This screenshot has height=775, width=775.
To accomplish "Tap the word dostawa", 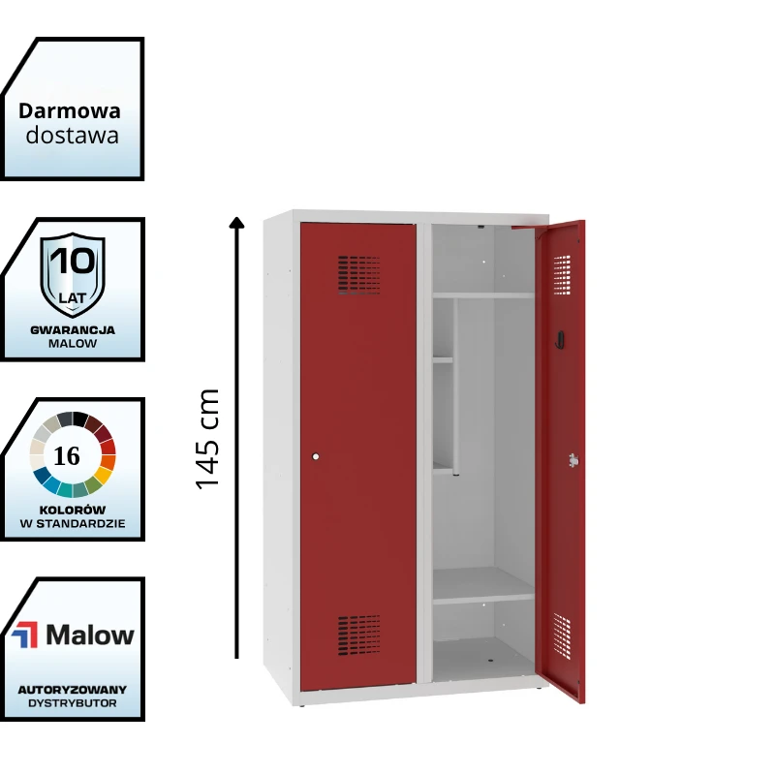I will coord(73,135).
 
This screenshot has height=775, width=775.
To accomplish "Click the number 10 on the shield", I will coord(73,262).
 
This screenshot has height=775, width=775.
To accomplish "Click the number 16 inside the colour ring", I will coord(68,456).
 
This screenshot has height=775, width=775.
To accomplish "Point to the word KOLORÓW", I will coord(73,510).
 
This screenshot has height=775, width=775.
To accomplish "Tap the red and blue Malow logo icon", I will coord(24,635).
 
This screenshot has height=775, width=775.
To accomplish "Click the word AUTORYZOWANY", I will coord(73,689).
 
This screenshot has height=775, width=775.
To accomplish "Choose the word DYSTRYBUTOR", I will coord(73,703).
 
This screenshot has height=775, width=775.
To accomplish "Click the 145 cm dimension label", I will coord(208,439).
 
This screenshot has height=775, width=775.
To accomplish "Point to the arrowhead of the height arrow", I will coord(236,222).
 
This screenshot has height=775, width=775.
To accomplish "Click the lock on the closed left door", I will coord(316,456).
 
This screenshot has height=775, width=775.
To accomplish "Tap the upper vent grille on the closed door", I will coord(358,274).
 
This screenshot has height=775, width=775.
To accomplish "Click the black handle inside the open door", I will coord(559,336).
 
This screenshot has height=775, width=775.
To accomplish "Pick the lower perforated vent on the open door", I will coord(562,633).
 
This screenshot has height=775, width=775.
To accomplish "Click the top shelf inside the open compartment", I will coord(481,294).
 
